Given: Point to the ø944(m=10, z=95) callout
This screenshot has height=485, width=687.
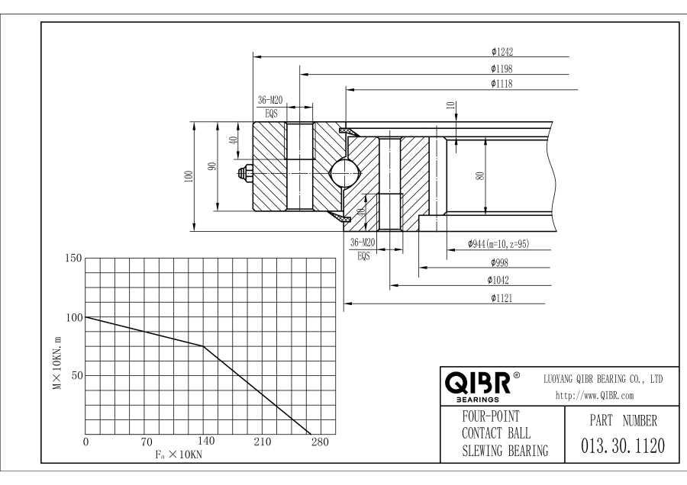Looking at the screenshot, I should tap(498, 245).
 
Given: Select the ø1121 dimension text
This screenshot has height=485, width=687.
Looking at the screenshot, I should tap(502, 299).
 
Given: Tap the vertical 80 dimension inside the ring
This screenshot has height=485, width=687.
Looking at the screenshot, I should tap(479, 175).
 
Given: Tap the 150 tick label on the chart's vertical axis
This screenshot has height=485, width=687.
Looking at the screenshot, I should tap(71, 259).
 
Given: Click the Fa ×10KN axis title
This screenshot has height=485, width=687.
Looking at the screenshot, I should tap(175, 454).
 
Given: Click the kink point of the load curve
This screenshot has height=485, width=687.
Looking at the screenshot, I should tap(204, 346).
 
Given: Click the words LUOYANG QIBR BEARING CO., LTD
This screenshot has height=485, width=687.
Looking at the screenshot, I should tap(602, 379).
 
